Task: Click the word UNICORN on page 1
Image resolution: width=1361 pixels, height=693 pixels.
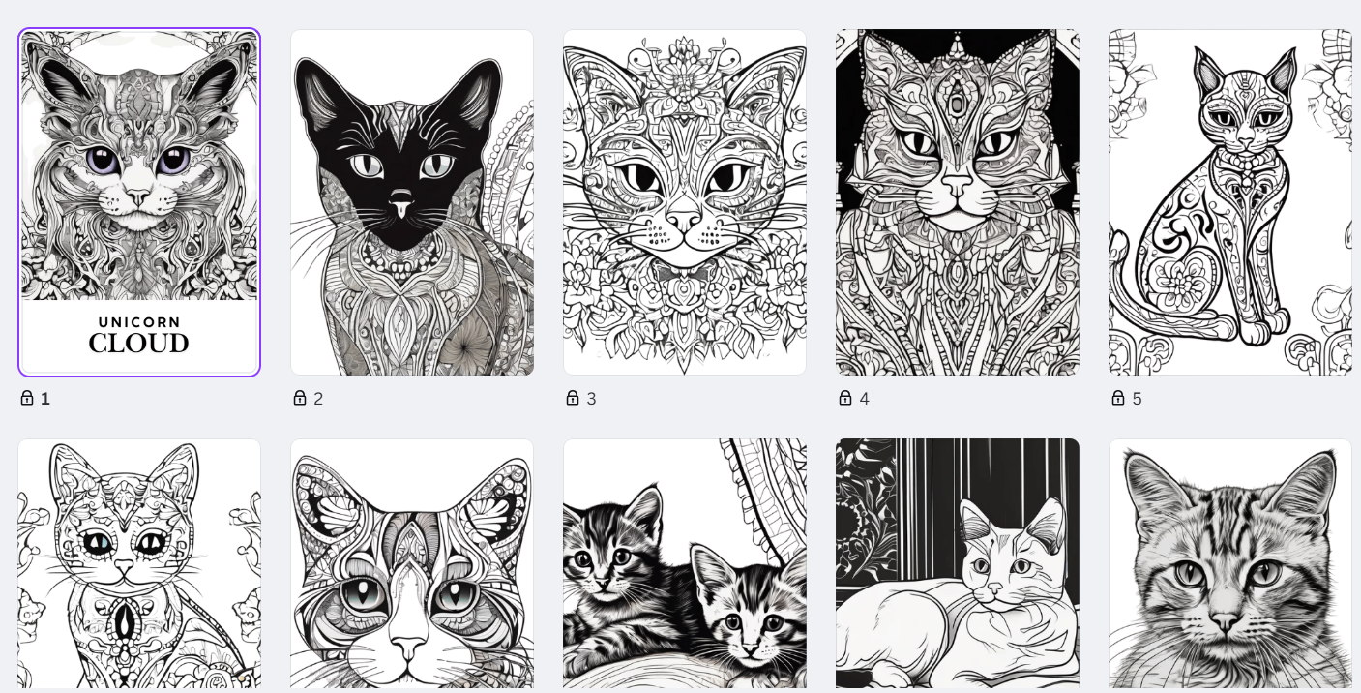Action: (x=139, y=322)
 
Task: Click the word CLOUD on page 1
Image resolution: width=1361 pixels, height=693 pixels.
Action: (x=139, y=344)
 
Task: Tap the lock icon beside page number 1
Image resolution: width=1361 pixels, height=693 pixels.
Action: (x=27, y=398)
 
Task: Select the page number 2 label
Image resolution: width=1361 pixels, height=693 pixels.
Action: (x=318, y=399)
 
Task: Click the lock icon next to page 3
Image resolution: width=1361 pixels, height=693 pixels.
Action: (x=573, y=398)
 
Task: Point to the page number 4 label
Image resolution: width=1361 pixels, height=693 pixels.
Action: (x=865, y=399)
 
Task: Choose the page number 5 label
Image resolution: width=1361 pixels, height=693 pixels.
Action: (x=1138, y=399)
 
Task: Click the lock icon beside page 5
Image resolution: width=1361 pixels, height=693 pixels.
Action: (x=1118, y=398)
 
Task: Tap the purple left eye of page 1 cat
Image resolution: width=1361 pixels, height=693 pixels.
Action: (x=103, y=161)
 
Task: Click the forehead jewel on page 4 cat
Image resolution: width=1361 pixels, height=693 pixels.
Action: (x=957, y=102)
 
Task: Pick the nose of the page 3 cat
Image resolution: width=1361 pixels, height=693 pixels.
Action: (x=684, y=220)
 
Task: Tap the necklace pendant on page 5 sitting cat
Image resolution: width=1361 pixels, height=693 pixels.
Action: (x=1246, y=180)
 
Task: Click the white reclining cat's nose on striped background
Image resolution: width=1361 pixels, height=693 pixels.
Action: (x=994, y=588)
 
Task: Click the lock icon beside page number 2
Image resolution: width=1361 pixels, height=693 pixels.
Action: (x=300, y=398)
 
